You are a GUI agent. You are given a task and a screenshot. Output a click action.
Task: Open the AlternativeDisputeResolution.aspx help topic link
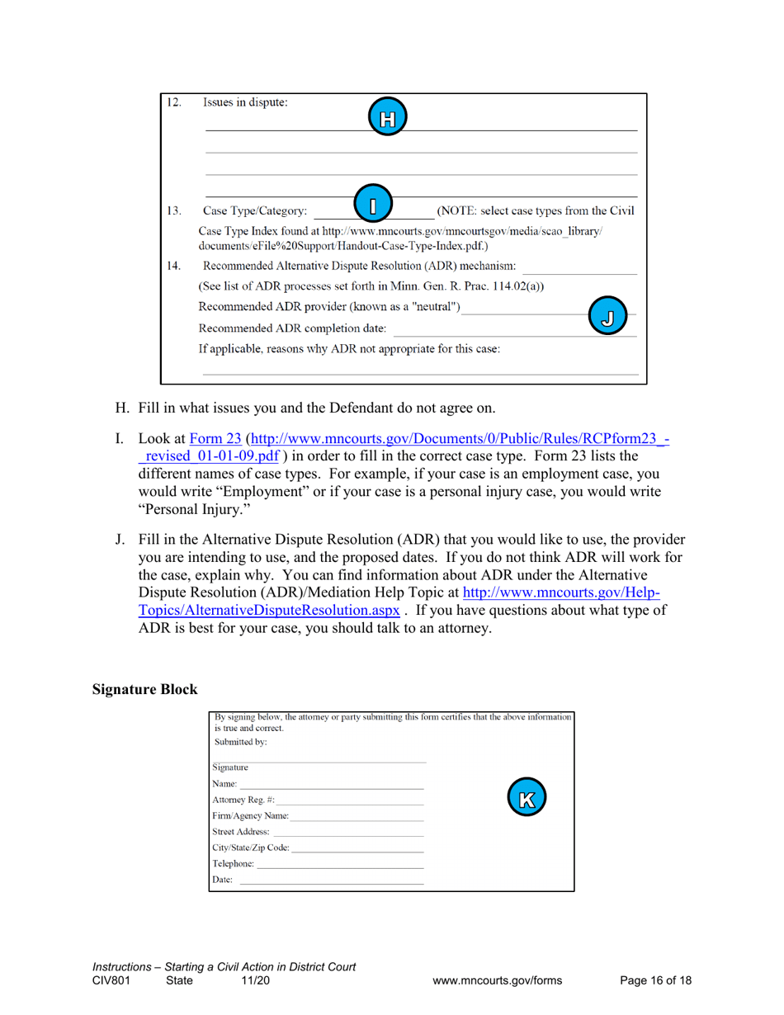(271, 611)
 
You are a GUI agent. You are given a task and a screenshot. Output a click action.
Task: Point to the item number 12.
(173, 105)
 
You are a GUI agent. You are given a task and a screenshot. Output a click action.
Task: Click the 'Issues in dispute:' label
(247, 105)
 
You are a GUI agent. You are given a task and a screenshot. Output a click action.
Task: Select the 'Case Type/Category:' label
(255, 210)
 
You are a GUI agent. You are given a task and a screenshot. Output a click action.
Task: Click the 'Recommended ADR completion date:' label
(292, 330)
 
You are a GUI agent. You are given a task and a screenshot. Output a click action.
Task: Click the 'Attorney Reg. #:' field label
(243, 801)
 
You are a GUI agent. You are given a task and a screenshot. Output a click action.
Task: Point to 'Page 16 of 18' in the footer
(655, 980)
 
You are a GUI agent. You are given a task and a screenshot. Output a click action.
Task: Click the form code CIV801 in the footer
(111, 980)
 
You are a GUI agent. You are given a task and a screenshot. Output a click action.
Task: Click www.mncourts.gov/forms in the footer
(498, 980)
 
